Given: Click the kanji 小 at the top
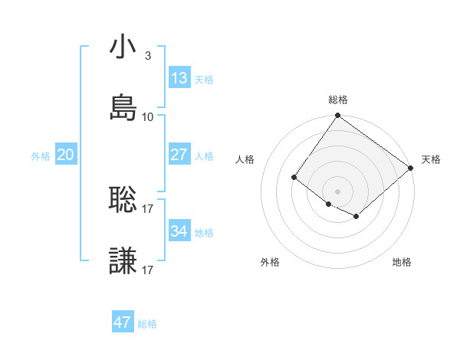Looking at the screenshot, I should point(123,47).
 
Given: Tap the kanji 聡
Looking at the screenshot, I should point(123,200).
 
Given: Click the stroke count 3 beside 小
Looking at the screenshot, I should point(148,56).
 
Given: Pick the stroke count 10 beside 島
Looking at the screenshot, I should point(148,117).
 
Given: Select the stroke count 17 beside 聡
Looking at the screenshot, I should point(148,208).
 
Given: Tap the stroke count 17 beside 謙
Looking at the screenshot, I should point(148,270).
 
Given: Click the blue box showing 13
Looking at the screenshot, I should point(179,78).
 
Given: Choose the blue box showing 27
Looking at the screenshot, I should point(179,155).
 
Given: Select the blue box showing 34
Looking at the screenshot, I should point(179,231).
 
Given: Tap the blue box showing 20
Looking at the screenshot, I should point(66,155).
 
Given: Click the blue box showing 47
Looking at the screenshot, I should point(123,322).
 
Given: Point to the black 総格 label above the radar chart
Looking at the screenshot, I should point(338,100).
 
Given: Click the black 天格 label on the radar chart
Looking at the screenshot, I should point(431,159).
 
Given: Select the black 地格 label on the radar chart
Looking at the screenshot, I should point(402,262).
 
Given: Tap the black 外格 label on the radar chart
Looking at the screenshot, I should point(270,262).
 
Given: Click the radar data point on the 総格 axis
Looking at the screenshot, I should point(337,116).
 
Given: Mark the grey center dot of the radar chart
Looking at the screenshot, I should point(337,191).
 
